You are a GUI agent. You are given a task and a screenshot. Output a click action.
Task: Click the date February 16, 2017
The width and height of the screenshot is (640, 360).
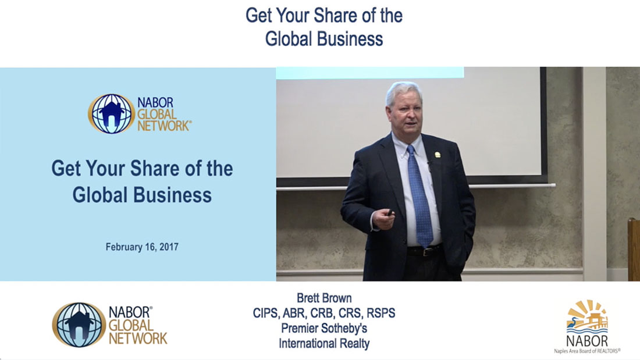click(x=142, y=247)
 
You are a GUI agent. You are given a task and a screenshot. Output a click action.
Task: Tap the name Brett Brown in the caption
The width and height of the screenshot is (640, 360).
click(x=324, y=298)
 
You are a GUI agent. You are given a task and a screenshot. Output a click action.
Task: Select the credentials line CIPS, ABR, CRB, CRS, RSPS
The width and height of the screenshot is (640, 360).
click(x=324, y=313)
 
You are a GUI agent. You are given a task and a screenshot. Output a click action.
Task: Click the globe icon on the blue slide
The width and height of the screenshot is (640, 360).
click(x=111, y=114)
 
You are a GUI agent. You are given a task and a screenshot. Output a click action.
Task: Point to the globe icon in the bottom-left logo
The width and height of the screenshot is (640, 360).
click(x=79, y=325)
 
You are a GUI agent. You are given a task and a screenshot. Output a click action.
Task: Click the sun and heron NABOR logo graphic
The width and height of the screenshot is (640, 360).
click(x=588, y=317)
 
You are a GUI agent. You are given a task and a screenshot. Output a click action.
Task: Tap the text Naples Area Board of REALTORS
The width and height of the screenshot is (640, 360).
click(x=587, y=351)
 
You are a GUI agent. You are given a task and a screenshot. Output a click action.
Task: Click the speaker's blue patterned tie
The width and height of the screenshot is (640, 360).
click(x=419, y=196)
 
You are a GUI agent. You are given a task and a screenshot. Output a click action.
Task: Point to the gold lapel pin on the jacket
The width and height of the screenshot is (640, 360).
click(x=438, y=155)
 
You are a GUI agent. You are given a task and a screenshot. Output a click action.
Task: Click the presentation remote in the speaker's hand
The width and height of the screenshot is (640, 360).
click(x=390, y=213)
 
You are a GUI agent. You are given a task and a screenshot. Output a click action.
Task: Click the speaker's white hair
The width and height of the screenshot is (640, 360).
click(x=403, y=91)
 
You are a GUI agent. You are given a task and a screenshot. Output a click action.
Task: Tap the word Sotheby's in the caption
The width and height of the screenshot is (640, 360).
click(x=347, y=328)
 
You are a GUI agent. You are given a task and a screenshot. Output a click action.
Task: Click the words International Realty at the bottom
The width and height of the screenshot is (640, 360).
click(x=324, y=344)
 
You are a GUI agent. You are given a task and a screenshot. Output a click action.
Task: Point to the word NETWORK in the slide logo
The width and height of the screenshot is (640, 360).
click(x=163, y=126)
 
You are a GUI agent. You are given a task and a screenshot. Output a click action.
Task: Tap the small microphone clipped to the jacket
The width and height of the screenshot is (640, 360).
click(x=429, y=165)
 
